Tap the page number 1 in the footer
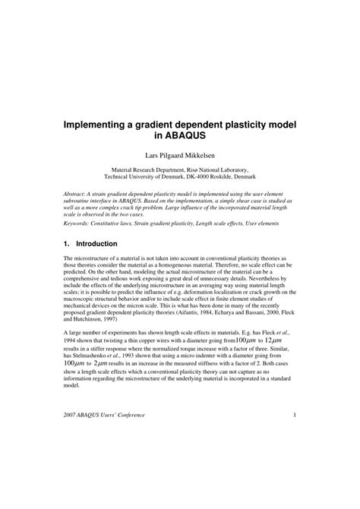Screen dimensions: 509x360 (x=294, y=478)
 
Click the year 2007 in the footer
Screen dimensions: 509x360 (x=73, y=478)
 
